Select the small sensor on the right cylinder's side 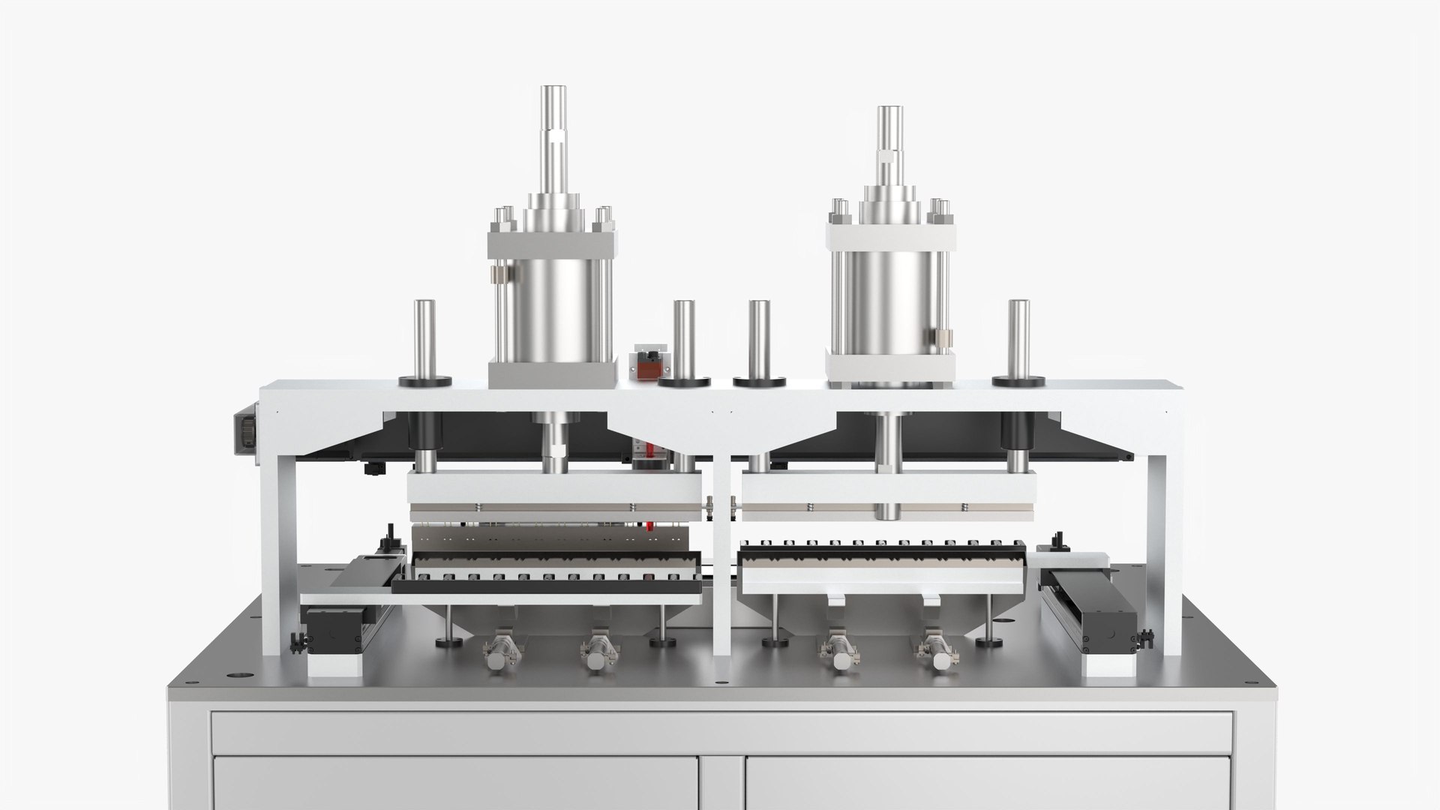click(942, 337)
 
